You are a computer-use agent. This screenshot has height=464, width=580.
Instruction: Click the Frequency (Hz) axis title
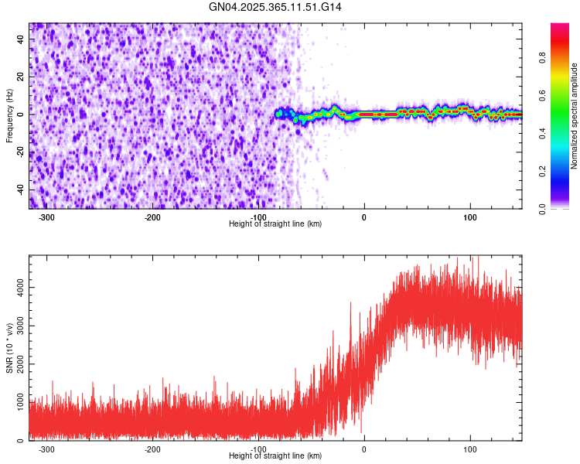click(9, 117)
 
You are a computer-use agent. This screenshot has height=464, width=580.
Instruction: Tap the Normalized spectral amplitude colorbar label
click(574, 117)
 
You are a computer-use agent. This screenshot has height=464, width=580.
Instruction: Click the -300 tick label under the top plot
click(46, 216)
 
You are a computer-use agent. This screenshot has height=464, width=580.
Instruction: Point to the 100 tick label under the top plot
click(469, 216)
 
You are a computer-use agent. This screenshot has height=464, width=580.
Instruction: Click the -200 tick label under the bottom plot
click(152, 449)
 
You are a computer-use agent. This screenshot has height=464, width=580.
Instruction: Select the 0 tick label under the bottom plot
click(364, 449)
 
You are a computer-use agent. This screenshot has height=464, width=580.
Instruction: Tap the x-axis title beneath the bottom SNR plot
click(275, 455)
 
